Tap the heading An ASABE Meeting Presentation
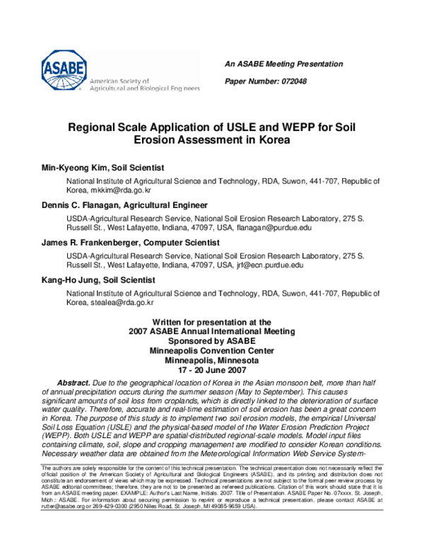pyautogui.click(x=283, y=64)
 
